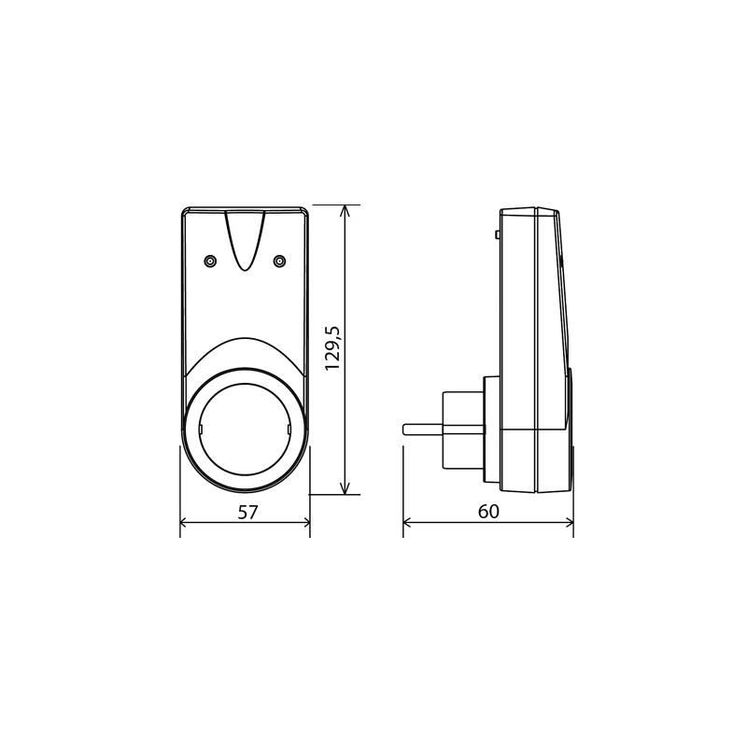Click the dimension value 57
(x=246, y=511)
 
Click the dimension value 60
(x=488, y=511)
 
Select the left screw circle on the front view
(x=211, y=261)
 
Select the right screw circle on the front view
(x=278, y=261)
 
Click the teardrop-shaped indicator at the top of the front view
(x=245, y=238)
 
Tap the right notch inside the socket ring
(x=289, y=429)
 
